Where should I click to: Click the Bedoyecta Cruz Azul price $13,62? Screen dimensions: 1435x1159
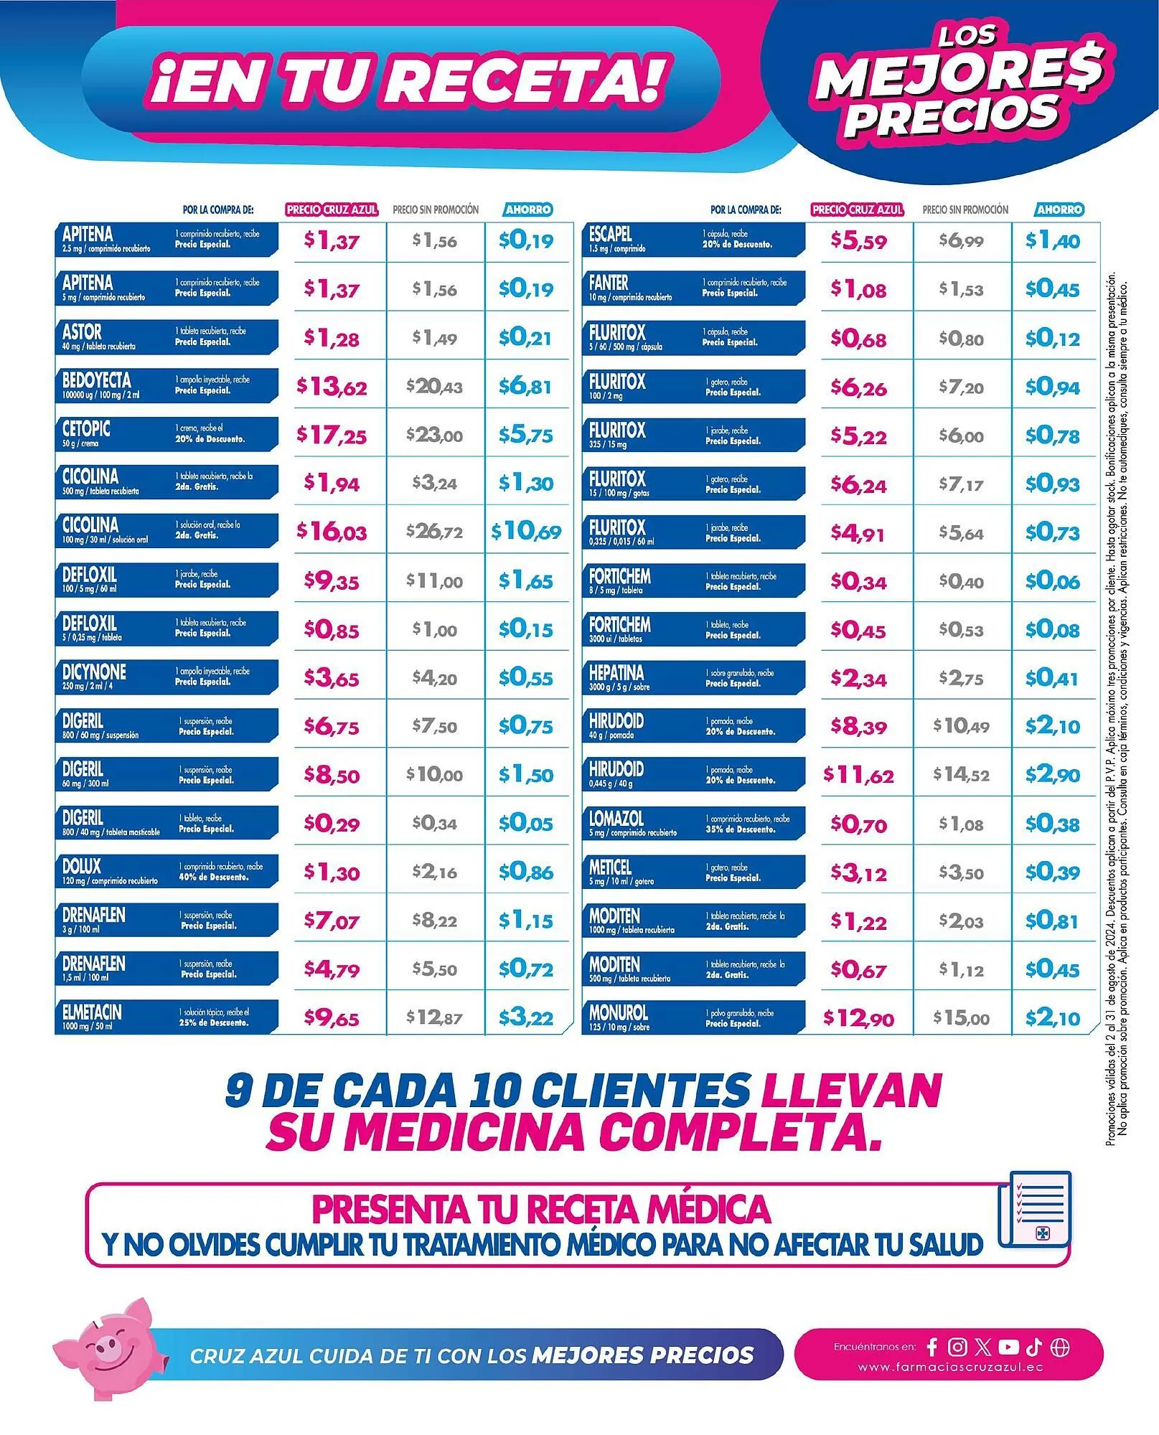(332, 387)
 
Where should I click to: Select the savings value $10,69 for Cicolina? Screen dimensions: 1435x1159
(526, 532)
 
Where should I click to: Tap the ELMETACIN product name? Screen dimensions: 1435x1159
(92, 1012)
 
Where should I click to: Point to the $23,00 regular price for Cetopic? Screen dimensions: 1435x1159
(435, 435)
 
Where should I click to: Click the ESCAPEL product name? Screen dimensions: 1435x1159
(610, 234)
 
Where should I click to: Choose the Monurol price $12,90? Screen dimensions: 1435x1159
(858, 1018)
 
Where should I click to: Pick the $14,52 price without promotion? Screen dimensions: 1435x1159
(961, 775)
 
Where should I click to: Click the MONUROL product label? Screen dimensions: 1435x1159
(618, 1012)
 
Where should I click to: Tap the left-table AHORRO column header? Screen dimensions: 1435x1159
(528, 210)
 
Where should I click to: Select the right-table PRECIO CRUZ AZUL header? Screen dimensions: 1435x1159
(858, 210)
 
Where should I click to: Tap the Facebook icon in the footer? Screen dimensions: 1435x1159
(932, 1347)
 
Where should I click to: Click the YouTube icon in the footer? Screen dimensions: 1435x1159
(1008, 1347)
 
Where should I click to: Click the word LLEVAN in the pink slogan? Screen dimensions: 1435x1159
(850, 1092)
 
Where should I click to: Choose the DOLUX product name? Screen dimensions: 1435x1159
(82, 866)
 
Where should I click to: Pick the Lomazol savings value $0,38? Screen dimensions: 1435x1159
(1052, 824)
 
